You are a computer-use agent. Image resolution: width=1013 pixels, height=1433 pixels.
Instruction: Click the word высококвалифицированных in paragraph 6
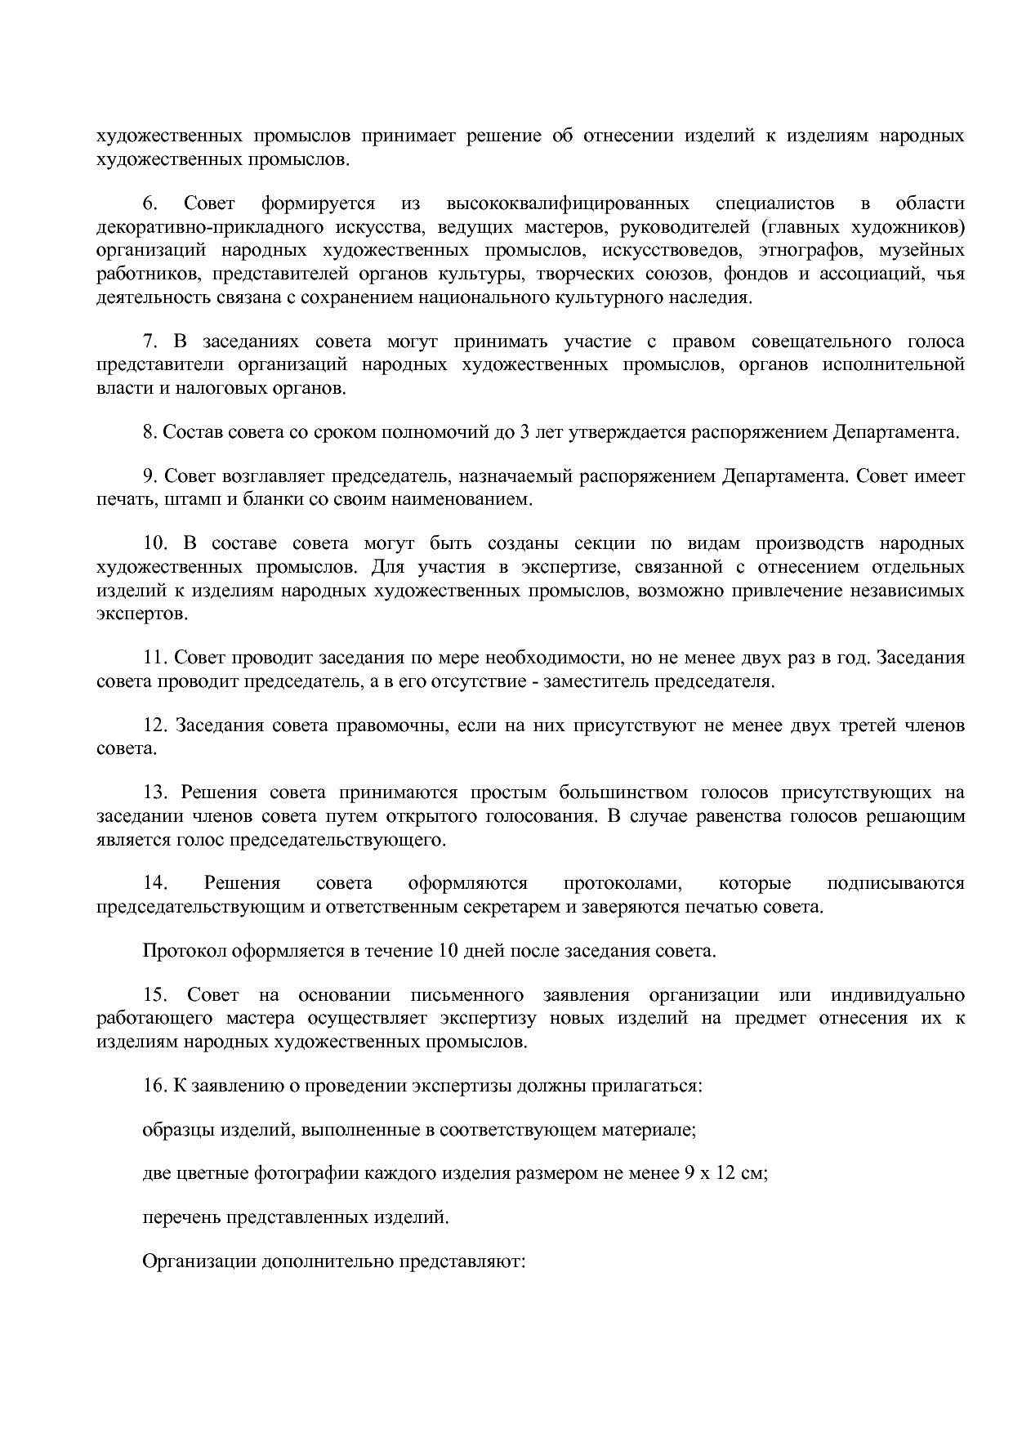(x=568, y=203)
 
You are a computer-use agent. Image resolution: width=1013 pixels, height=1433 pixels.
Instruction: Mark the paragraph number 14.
(x=154, y=883)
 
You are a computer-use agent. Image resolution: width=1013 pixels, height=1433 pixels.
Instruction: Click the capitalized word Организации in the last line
(x=199, y=1261)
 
